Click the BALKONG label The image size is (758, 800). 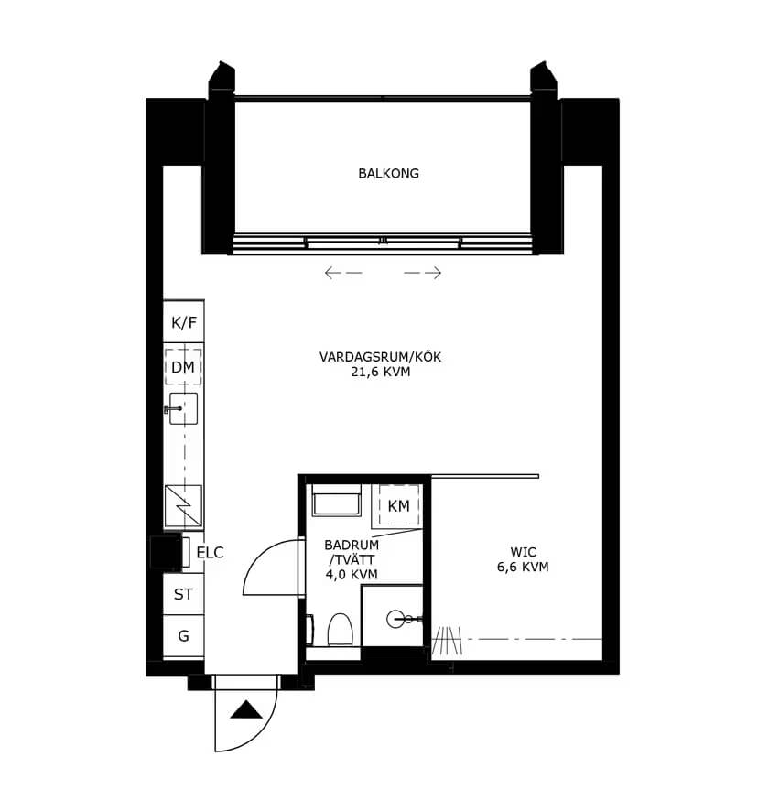tap(388, 174)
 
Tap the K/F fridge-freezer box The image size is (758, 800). tap(184, 321)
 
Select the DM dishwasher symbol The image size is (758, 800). tap(183, 366)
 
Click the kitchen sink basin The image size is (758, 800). tap(183, 408)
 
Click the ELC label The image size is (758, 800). tap(210, 553)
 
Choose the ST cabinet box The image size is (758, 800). tap(184, 594)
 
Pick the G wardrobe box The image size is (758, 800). tap(184, 636)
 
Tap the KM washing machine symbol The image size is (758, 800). tap(398, 505)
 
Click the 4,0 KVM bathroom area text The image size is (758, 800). tap(352, 575)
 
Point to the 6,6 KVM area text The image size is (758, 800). tap(523, 567)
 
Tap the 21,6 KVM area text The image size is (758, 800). tap(380, 372)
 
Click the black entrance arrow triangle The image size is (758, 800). tap(246, 709)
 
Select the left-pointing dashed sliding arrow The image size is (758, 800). tap(343, 273)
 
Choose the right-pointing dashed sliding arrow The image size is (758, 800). tap(423, 273)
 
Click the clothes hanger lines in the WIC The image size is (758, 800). tap(447, 641)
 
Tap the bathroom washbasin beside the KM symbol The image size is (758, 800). tap(337, 500)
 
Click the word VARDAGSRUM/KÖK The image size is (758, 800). tap(380, 357)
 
